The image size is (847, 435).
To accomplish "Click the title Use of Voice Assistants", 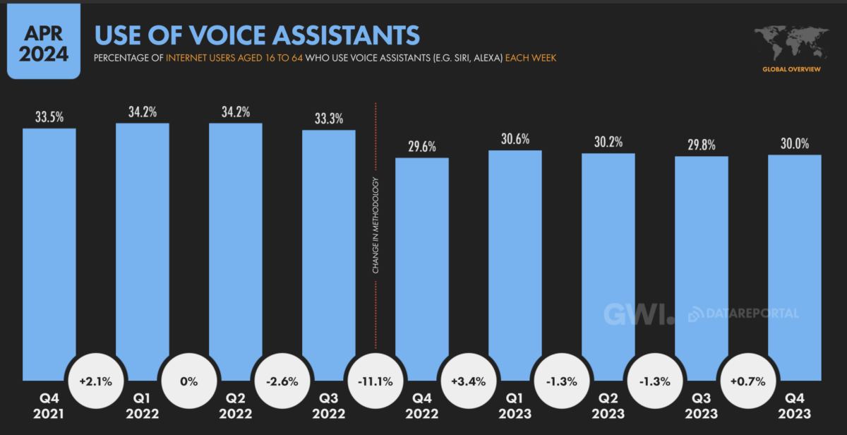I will [x=257, y=35].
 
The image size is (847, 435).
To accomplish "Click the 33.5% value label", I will [x=49, y=116].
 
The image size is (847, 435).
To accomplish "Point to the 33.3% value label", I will [x=328, y=118].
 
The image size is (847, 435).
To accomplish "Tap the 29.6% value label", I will [x=421, y=146].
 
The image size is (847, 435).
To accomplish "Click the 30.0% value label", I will [x=794, y=143].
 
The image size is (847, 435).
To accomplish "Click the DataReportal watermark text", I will [x=750, y=313].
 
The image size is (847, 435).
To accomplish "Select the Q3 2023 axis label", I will [x=701, y=405].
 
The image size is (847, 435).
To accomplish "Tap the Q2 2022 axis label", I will [x=235, y=405].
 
